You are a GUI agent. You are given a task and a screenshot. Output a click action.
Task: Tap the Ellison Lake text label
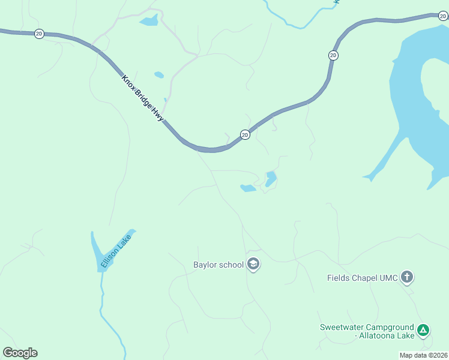tap(115, 251)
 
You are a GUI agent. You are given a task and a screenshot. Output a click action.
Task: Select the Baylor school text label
tap(218, 265)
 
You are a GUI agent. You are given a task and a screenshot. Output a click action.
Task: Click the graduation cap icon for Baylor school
tap(253, 264)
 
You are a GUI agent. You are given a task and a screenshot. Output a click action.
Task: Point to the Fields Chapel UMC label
tap(362, 278)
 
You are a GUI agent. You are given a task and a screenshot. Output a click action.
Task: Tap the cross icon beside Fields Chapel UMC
tap(407, 277)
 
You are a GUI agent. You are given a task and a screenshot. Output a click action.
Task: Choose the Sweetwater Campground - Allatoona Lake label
tap(367, 331)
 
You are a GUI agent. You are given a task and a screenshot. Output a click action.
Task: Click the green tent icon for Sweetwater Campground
tap(423, 329)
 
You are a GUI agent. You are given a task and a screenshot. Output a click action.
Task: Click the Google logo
tap(20, 353)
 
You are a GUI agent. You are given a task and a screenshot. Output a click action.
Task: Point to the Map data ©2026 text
tap(423, 355)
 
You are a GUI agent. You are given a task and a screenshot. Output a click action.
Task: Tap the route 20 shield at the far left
tap(39, 34)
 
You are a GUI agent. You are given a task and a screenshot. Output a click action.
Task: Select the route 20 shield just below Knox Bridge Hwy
tap(245, 134)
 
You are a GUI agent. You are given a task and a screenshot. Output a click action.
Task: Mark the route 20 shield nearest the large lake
tap(333, 55)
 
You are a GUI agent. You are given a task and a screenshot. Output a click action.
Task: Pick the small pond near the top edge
tap(149, 22)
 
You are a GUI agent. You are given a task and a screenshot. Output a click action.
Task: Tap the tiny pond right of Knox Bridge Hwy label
tap(159, 76)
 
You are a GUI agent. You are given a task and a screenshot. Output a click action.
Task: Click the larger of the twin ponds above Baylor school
tap(271, 178)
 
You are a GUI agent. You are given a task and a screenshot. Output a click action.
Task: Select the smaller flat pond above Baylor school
tap(248, 188)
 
